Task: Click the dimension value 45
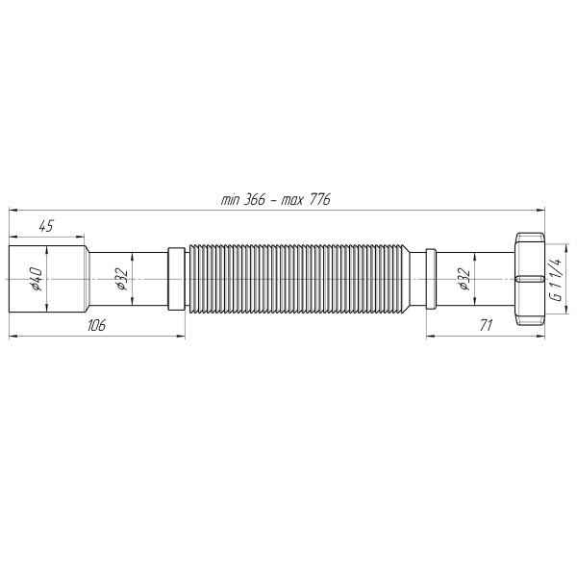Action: coord(44,226)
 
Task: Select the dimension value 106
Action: coord(95,326)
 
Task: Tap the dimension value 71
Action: coord(486,326)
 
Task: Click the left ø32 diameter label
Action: coord(121,279)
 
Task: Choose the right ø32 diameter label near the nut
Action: coord(464,279)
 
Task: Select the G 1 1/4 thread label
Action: coord(557,279)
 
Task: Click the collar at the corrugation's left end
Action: coord(176,279)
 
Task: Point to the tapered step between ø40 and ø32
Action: coord(88,279)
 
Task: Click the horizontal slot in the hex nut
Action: coord(528,280)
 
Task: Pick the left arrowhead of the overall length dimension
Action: coord(13,208)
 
